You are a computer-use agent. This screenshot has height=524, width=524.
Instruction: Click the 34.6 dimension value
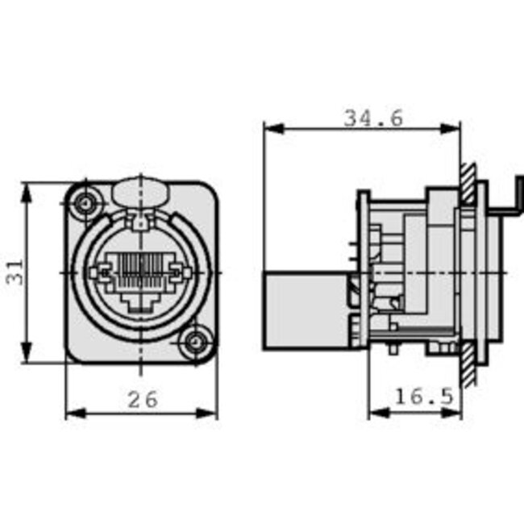point(373,118)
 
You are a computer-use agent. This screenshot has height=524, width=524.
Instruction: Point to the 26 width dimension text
point(143,398)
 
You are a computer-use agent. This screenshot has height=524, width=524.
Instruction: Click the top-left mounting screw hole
point(84,203)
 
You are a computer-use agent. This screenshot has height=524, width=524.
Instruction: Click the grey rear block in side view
point(306,310)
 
